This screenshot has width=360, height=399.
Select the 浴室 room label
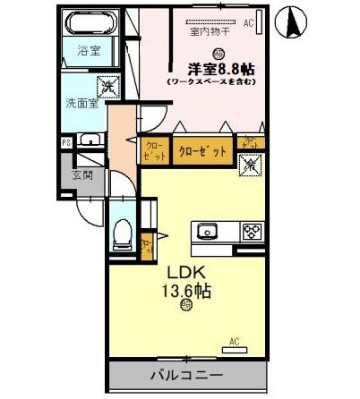[87, 52]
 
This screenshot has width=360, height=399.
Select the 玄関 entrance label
[82, 174]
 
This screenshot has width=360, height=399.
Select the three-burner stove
[252, 231]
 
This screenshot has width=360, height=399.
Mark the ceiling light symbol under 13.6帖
[186, 307]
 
